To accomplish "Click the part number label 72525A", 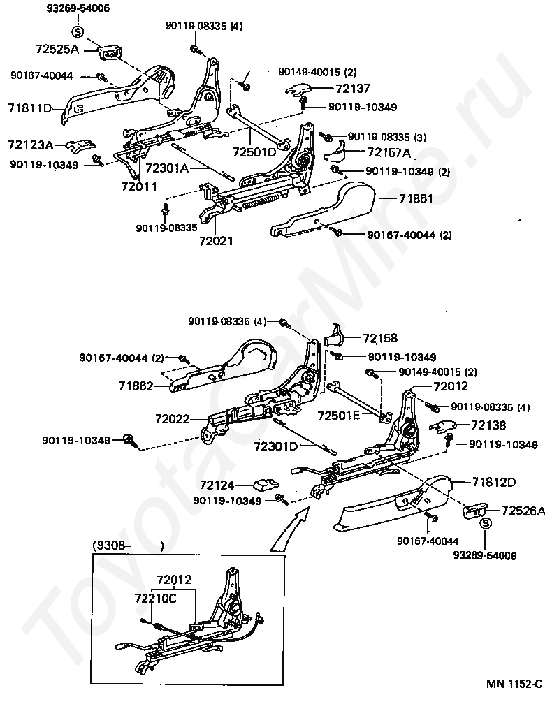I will [x=58, y=50].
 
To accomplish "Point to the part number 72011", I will [x=138, y=186].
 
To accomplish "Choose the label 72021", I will [x=215, y=240].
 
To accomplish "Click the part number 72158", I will [x=379, y=338].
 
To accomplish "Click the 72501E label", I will [x=339, y=415].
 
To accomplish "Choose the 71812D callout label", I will [x=493, y=482].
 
